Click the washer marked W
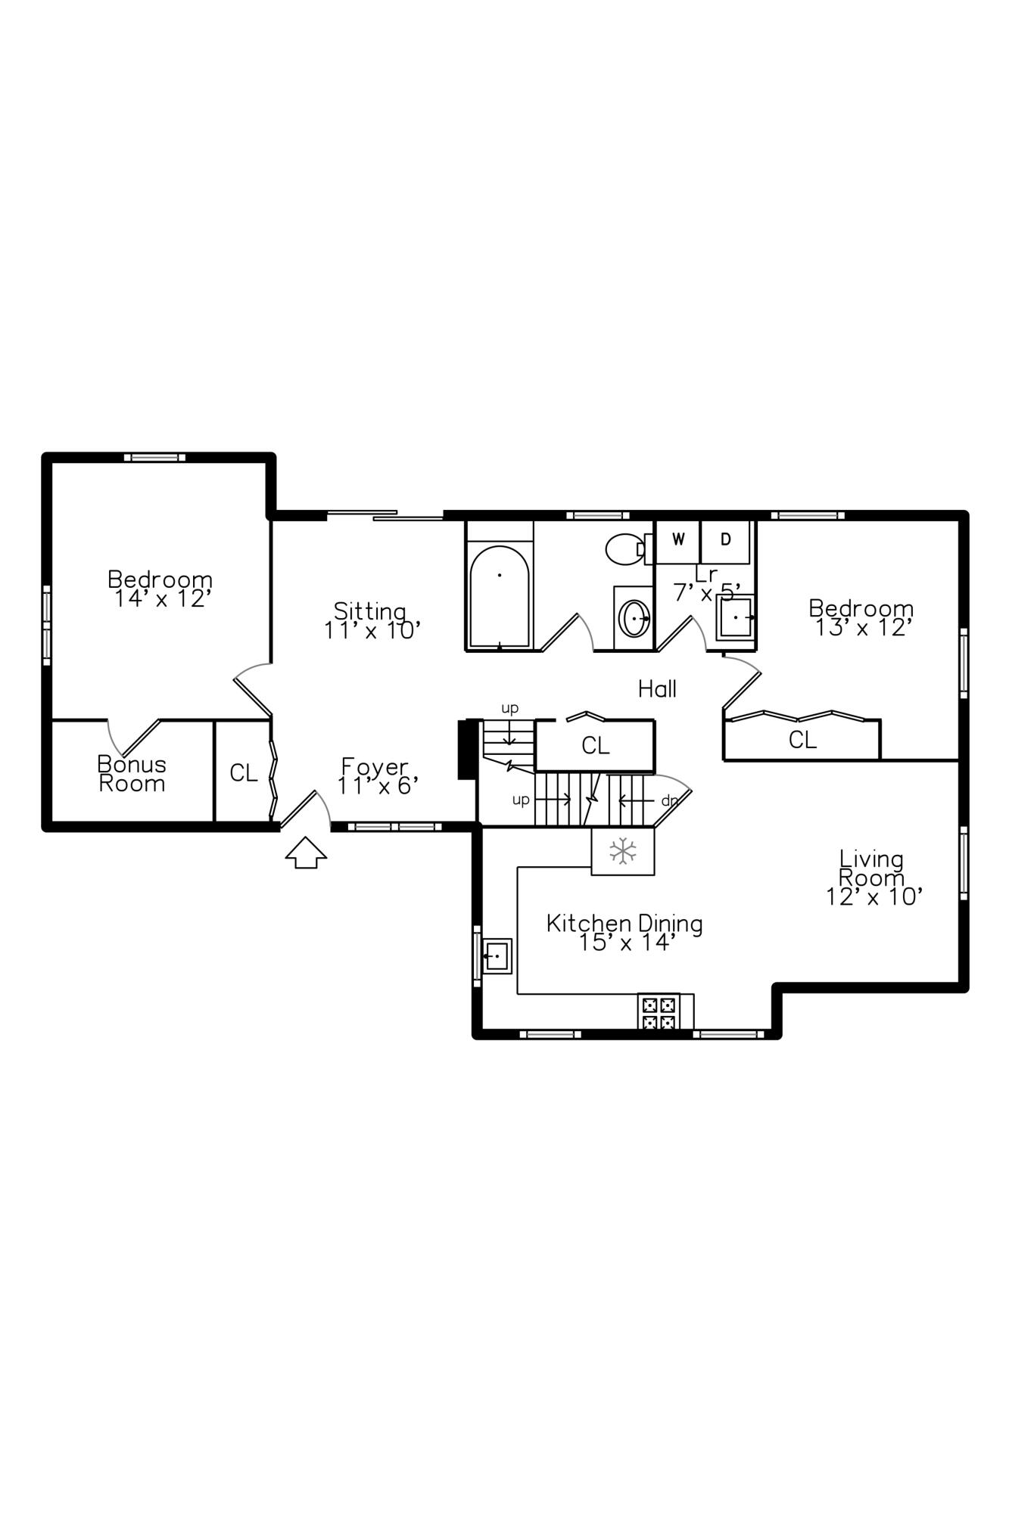[678, 540]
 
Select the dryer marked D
[725, 540]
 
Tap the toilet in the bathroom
[624, 548]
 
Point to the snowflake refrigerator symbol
[622, 851]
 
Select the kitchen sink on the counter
[497, 956]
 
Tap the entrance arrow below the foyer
[306, 853]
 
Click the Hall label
[657, 689]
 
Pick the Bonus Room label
[132, 774]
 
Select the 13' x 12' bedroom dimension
[861, 628]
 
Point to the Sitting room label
[370, 610]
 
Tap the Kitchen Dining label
[624, 924]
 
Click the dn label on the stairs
[669, 800]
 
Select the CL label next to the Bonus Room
[244, 773]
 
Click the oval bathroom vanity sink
[634, 620]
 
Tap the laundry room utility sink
[734, 617]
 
